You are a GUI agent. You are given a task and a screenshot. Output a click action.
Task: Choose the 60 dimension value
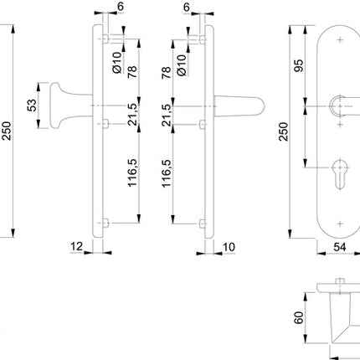pos(300,319)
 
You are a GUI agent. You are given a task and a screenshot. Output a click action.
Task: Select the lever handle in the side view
pos(239,104)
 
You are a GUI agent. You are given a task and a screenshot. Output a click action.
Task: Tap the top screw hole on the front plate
pos(340,39)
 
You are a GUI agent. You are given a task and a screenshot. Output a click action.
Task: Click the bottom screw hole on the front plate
pos(340,221)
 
